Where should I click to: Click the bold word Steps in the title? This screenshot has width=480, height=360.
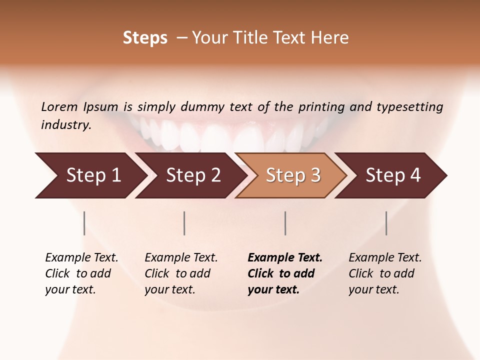point(145,38)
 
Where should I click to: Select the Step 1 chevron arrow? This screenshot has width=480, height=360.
point(90,175)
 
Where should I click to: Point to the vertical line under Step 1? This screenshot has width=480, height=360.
point(84,223)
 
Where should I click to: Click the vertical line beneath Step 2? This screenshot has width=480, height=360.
point(184,223)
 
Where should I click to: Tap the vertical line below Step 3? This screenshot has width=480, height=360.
point(285,223)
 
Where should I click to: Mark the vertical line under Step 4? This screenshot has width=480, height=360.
point(386,223)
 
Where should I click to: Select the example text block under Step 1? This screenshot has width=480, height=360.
point(81,273)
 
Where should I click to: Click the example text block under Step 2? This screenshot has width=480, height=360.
point(181,273)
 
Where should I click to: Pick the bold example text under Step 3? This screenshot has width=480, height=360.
point(285,273)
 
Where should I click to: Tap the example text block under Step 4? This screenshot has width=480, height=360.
point(385,273)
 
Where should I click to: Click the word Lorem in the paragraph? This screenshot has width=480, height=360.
point(59,106)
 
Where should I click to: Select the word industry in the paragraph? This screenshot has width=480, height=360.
point(66,125)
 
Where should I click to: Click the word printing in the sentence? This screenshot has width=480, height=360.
point(321,107)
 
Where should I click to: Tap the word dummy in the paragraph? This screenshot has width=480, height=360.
point(203,107)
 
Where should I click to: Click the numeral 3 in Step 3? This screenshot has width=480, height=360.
point(315,175)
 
